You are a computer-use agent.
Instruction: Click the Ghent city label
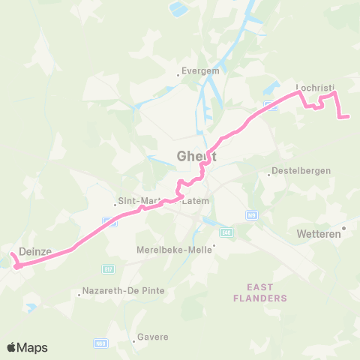pos(197,157)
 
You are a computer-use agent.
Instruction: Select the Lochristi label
pos(316,86)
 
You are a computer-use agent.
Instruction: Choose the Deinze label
pos(34,253)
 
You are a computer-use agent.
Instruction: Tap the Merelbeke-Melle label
pos(174,249)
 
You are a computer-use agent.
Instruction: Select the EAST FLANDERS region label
pos(267,292)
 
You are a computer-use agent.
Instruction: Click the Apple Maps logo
pos(26,347)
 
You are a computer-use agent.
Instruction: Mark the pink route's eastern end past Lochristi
pos(349,116)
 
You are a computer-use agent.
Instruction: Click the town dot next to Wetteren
pos(344,227)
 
